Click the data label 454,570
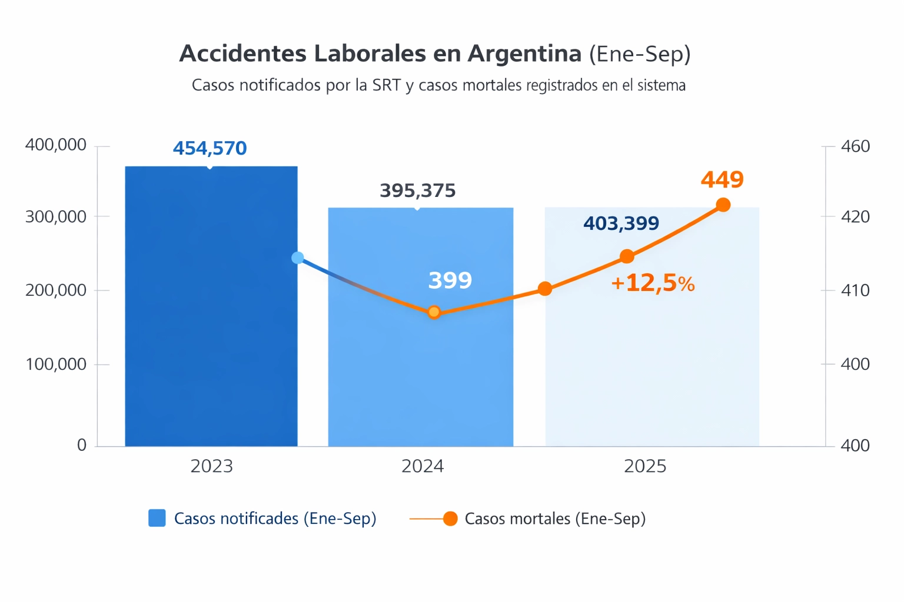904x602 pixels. click(x=210, y=148)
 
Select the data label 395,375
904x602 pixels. click(x=417, y=190)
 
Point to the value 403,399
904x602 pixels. click(x=621, y=223)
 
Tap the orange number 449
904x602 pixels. click(x=722, y=179)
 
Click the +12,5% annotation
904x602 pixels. click(x=653, y=283)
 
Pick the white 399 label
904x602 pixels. click(x=450, y=280)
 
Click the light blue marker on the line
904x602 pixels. click(x=298, y=257)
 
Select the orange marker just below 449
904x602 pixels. click(x=723, y=205)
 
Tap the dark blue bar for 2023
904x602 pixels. click(x=211, y=329)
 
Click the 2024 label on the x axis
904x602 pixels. click(x=423, y=466)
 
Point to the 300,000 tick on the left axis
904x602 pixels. click(x=56, y=217)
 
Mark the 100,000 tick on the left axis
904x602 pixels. click(x=56, y=364)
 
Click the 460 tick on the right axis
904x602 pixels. click(x=855, y=146)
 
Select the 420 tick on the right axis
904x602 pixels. click(x=855, y=217)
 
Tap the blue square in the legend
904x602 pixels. click(x=157, y=518)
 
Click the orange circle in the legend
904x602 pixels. click(x=450, y=519)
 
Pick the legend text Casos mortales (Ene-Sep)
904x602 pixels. click(x=555, y=519)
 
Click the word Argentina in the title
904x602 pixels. click(x=524, y=53)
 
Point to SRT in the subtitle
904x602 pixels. click(x=386, y=85)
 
